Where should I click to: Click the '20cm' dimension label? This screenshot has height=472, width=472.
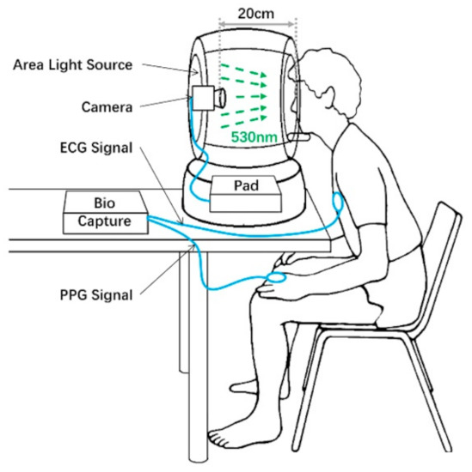256,15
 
